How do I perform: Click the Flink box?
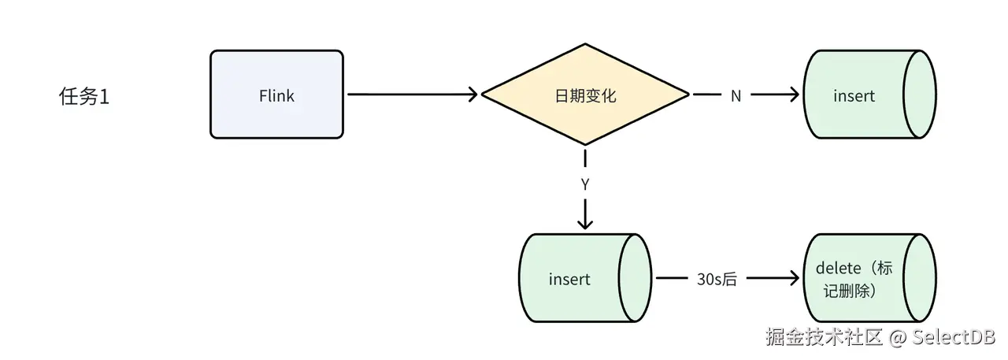[x=276, y=95]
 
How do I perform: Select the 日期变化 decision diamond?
[x=585, y=95]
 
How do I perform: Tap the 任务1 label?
[x=83, y=97]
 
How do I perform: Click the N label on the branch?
[x=736, y=95]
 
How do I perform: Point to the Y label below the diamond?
[x=585, y=185]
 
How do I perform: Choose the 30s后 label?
[x=717, y=279]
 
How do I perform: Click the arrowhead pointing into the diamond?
[x=473, y=95]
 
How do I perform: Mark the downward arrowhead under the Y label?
[x=585, y=225]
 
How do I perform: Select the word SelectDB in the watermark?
[x=954, y=337]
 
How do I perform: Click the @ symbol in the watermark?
[x=899, y=337]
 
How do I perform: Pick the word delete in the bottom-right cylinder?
[x=839, y=268]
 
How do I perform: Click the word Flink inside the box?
[x=276, y=95]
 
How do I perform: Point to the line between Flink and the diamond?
[x=409, y=95]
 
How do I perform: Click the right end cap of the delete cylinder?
[x=919, y=278]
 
